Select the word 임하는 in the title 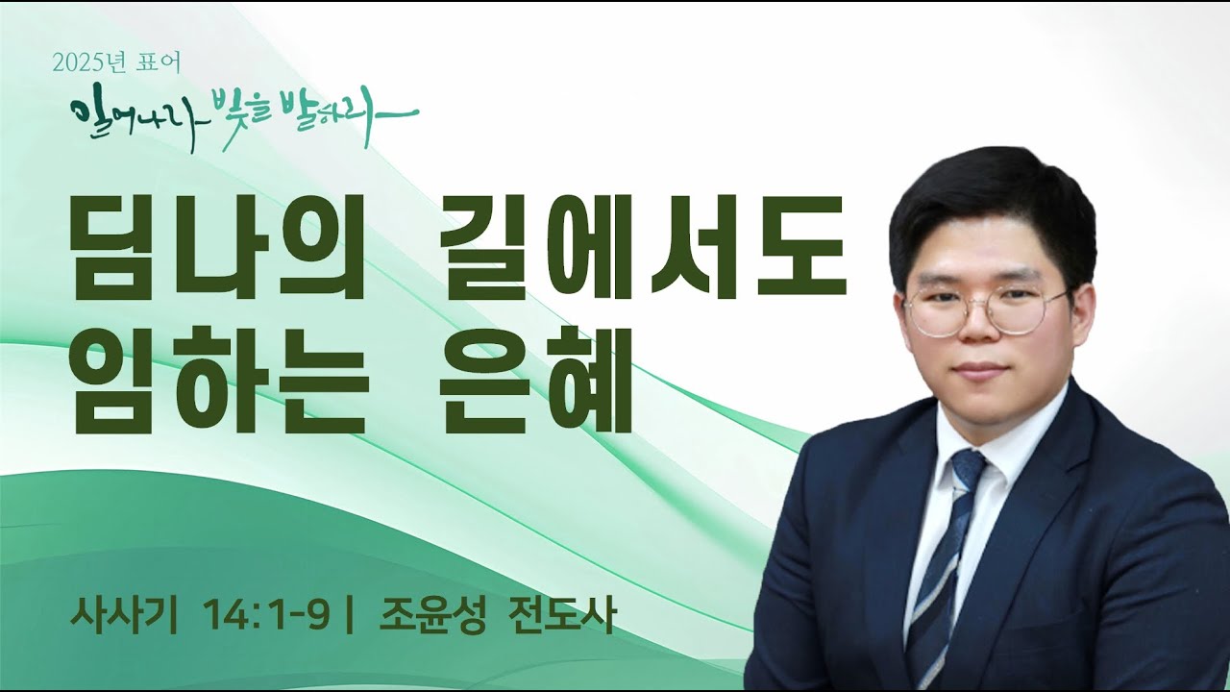(220, 382)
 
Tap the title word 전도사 (557, 613)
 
